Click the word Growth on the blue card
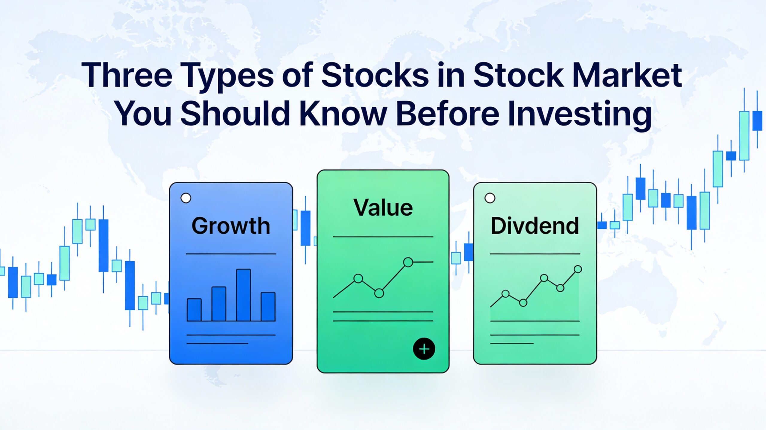tap(231, 226)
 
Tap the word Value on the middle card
tap(383, 208)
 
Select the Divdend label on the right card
tap(535, 226)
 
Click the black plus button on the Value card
tap(424, 349)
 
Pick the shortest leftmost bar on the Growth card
tap(194, 310)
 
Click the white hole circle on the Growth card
tap(186, 198)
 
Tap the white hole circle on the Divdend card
tap(490, 198)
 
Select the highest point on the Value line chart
tap(408, 262)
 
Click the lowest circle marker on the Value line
tap(379, 293)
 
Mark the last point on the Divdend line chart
tap(578, 269)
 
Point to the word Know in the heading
tap(344, 114)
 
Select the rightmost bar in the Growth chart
tap(268, 307)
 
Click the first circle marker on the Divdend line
tap(505, 294)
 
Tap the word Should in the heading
tap(235, 114)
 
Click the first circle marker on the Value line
tap(358, 279)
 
